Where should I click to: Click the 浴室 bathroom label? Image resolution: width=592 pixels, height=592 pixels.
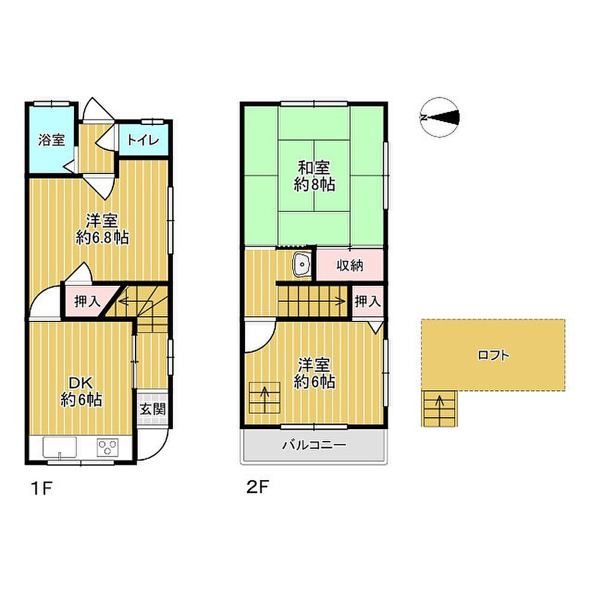[x=52, y=140]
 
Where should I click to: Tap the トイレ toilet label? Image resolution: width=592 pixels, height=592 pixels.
[x=143, y=140]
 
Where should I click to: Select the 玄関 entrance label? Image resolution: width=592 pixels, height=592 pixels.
[x=153, y=409]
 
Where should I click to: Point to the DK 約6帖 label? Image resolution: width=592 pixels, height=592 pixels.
[x=81, y=391]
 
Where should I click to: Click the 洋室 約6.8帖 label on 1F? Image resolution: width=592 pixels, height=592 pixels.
[x=102, y=229]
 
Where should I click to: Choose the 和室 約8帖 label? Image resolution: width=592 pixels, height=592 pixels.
[x=314, y=176]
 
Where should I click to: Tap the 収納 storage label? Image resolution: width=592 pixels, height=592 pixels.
[x=350, y=265]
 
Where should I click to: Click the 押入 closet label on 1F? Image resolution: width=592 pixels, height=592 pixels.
[x=88, y=301]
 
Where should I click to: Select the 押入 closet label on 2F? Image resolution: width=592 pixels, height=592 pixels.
[x=368, y=301]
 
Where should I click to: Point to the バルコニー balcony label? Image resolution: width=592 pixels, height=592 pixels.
[x=314, y=445]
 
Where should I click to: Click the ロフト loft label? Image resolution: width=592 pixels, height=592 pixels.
[x=494, y=355]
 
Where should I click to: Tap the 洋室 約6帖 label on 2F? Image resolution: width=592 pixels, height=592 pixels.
[x=314, y=374]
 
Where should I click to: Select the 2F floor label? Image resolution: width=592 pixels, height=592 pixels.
[x=258, y=487]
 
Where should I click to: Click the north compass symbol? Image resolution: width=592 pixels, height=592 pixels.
[x=440, y=117]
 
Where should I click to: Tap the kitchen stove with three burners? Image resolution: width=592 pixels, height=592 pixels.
[x=108, y=448]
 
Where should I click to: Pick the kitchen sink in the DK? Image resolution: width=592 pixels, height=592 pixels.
[x=60, y=448]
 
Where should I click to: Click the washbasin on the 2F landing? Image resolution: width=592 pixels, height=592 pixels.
[x=302, y=264]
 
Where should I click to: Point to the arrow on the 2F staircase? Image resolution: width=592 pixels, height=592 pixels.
[x=312, y=301]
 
